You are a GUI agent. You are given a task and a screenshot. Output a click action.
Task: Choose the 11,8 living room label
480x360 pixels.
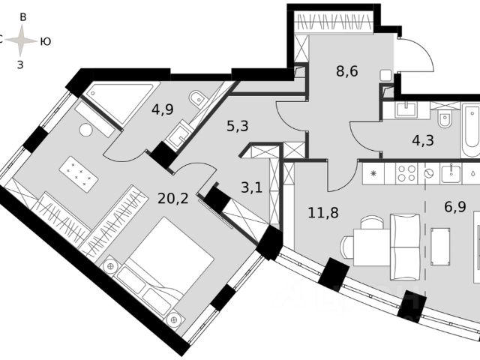click(x=322, y=212)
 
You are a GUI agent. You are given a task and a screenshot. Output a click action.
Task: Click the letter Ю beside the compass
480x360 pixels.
click(x=45, y=41)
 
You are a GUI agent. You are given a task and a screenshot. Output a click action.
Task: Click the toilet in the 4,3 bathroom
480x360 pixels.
click(x=445, y=117)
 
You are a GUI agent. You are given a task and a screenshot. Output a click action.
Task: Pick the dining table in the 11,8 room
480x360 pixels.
click(x=370, y=244)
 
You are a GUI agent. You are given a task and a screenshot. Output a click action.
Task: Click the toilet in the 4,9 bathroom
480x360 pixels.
click(x=197, y=98)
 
